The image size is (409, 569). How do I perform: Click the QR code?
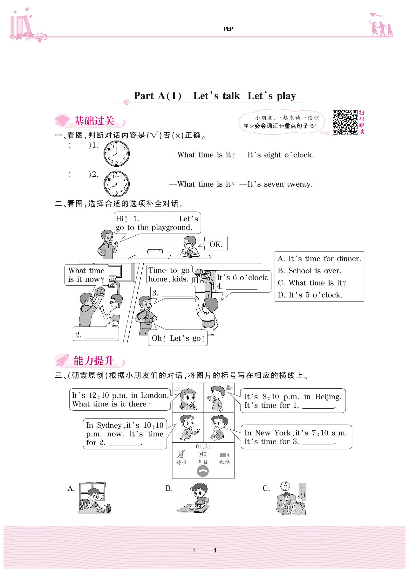[345, 122]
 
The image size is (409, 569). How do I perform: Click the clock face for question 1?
[116, 154]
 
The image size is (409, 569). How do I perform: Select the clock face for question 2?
[116, 184]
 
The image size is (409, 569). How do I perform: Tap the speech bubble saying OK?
[216, 244]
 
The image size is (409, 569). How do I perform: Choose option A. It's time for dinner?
[319, 259]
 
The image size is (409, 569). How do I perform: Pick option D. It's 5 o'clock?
[310, 295]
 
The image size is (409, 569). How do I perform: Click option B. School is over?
[309, 271]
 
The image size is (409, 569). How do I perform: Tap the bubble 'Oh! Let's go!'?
[178, 338]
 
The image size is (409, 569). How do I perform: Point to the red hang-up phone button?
[203, 471]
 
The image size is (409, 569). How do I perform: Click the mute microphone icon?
[181, 454]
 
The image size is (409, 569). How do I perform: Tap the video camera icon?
[224, 455]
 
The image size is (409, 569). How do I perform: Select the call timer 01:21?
[203, 446]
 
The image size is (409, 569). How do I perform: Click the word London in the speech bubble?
[154, 395]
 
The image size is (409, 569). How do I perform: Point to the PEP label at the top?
[228, 29]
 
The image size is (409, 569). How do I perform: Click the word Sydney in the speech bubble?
[109, 425]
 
